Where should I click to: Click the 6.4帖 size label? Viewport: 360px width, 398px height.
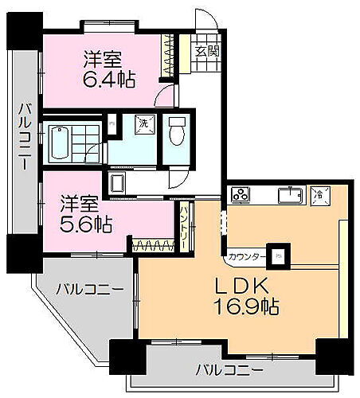(x=109, y=79)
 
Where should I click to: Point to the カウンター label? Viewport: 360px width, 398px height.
(x=246, y=257)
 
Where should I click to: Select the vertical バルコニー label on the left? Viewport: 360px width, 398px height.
(x=23, y=137)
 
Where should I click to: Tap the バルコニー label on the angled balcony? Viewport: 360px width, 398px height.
(x=89, y=287)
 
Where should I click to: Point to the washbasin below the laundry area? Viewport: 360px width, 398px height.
(x=118, y=184)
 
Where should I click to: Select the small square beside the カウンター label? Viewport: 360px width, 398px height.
(x=278, y=256)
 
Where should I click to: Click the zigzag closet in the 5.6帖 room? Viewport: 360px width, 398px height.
(x=154, y=245)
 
